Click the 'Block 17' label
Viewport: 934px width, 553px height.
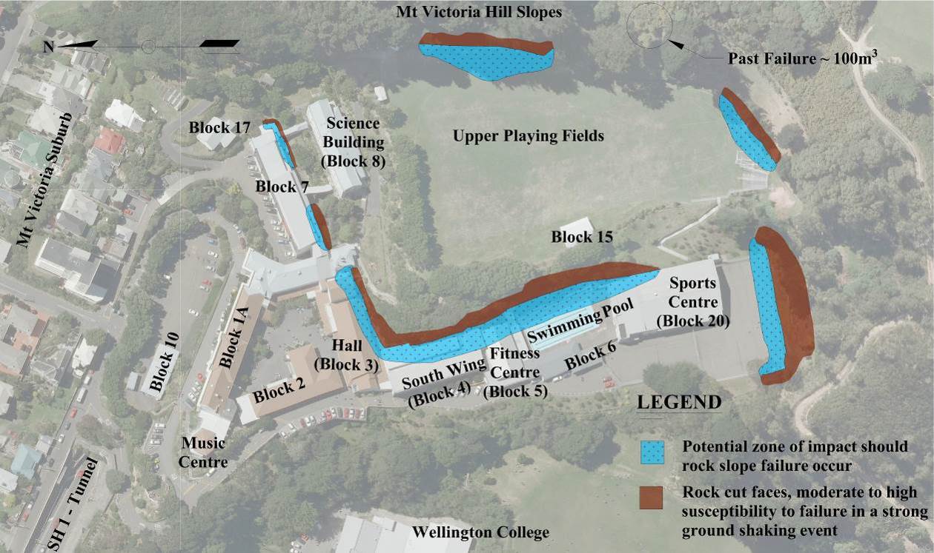click(x=219, y=127)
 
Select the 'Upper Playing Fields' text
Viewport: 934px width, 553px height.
click(x=529, y=136)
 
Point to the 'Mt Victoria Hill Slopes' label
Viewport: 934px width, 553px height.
click(x=479, y=13)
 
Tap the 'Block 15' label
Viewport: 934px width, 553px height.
click(x=582, y=238)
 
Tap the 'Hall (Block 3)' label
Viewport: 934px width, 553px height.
click(x=346, y=355)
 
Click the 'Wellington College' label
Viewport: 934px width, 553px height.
click(x=480, y=532)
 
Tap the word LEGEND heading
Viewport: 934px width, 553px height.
click(x=679, y=403)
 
